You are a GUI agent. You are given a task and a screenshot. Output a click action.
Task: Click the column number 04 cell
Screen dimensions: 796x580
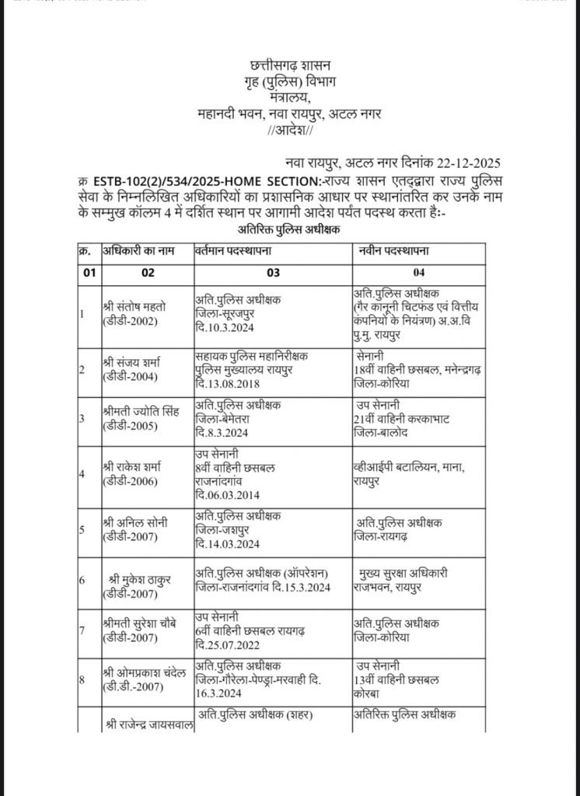414,273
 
